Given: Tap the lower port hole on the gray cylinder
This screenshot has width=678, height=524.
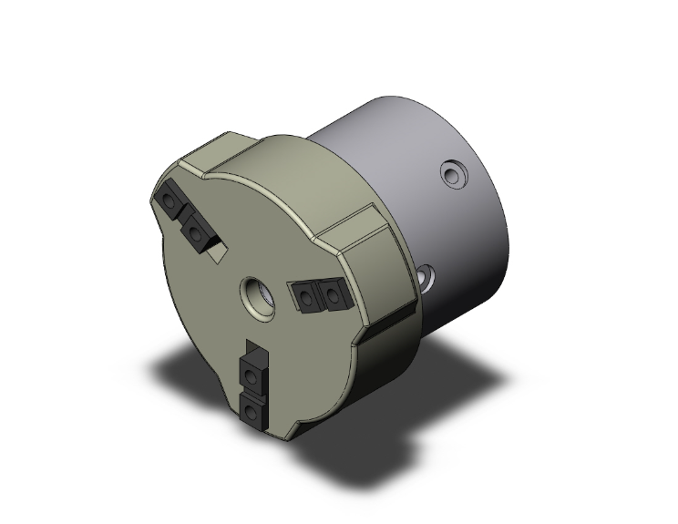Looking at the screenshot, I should (x=426, y=274).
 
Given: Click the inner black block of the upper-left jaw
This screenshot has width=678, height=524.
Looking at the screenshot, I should (x=197, y=232).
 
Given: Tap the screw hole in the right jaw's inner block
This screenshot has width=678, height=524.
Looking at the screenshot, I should (x=304, y=295).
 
